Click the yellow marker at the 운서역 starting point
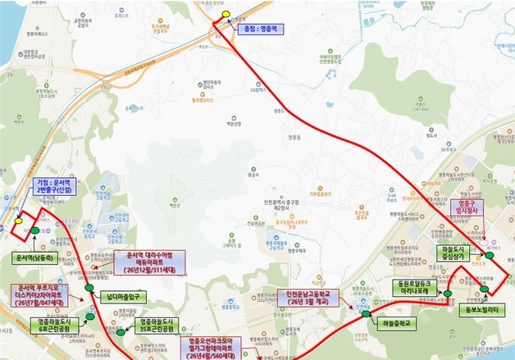(17, 219)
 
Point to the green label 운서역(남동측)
(34, 257)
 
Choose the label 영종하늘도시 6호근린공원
(58, 326)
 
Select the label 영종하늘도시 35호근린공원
(158, 326)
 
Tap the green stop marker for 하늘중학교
(365, 312)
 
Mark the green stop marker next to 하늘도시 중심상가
(489, 256)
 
